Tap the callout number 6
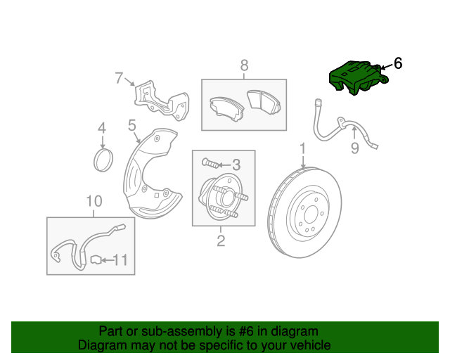click(398, 64)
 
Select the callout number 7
click(120, 78)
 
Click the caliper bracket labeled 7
click(160, 101)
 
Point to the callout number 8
click(244, 65)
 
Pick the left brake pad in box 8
click(223, 107)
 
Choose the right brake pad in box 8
click(264, 101)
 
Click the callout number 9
click(354, 148)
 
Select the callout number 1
click(303, 149)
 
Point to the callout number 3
click(236, 165)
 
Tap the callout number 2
click(220, 242)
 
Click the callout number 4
click(102, 128)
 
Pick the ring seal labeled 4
click(103, 160)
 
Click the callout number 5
click(131, 126)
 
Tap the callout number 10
click(94, 202)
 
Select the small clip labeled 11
click(96, 261)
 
